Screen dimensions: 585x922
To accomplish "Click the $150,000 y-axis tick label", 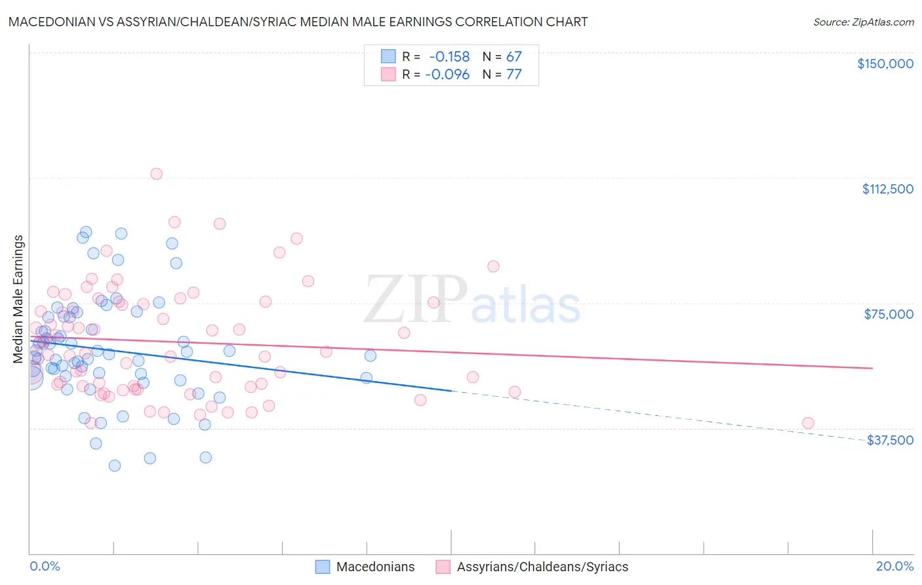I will tap(885, 64).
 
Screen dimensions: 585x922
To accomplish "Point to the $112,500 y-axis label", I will tap(887, 189).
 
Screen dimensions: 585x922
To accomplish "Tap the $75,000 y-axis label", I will tap(889, 314).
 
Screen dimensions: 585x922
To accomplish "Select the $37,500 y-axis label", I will tap(890, 440).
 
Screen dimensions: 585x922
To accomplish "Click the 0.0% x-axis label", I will tap(45, 566).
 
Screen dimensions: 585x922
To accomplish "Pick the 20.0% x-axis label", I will tap(894, 566).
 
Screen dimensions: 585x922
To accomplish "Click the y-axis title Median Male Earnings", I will tap(18, 299).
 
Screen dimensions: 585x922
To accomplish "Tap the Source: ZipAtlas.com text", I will tap(863, 22).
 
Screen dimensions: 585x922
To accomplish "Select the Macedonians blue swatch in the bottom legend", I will tap(323, 567).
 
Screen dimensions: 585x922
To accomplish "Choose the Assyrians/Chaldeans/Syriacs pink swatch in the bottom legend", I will tap(443, 567).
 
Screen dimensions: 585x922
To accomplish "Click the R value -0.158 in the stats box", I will tap(449, 56).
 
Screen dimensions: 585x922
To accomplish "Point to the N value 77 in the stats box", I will tap(513, 75).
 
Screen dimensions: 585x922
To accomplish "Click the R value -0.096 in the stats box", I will tap(447, 75).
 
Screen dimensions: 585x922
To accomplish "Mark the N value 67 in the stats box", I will tap(513, 56).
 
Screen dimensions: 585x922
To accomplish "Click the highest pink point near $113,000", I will tap(156, 174).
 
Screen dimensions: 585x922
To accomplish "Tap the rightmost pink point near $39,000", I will tap(808, 423).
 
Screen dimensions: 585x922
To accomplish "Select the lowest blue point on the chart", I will tap(115, 466).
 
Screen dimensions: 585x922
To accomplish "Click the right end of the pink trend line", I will tap(872, 368).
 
